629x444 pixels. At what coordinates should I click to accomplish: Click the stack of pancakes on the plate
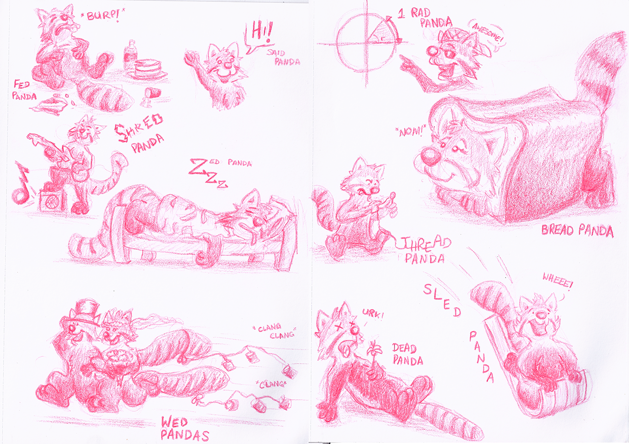click(148, 70)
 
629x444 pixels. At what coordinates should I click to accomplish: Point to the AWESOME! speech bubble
click(485, 36)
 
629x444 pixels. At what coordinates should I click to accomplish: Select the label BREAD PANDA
click(577, 231)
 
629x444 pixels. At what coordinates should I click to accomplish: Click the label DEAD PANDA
click(407, 354)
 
